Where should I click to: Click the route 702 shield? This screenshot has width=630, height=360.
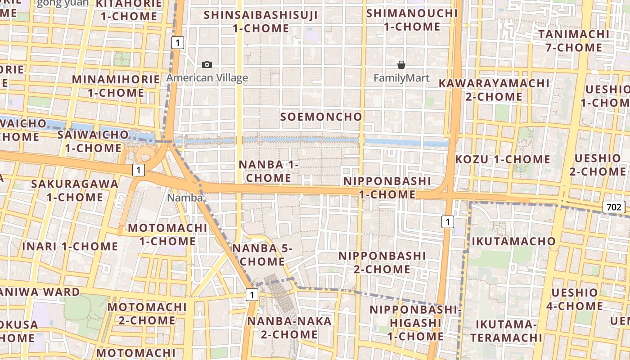(x=614, y=207)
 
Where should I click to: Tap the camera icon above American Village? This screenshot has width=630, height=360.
(x=207, y=64)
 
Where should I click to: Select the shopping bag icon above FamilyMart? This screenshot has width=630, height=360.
(x=401, y=65)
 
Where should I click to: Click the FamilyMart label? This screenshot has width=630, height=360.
(x=401, y=78)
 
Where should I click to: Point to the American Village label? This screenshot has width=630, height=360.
(x=207, y=78)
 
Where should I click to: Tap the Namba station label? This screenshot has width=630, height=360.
(x=185, y=198)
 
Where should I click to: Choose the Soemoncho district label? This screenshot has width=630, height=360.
(x=321, y=117)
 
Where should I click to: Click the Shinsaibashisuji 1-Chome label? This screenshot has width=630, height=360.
(x=261, y=22)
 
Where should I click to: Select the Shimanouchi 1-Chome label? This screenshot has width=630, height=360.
(x=412, y=20)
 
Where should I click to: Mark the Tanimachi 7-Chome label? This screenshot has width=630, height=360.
(x=574, y=40)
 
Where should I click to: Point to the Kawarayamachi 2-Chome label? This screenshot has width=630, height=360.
(x=494, y=90)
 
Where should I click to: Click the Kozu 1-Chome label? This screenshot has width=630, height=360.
(x=503, y=159)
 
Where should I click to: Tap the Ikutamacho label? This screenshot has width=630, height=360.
(x=513, y=241)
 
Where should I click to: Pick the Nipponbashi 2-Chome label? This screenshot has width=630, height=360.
(x=382, y=262)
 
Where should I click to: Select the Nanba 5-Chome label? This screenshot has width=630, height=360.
(x=262, y=255)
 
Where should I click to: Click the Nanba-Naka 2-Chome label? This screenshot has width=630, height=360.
(x=289, y=328)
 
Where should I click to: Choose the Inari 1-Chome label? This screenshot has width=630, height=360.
(x=70, y=247)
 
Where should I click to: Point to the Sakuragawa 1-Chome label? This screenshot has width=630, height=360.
(x=75, y=190)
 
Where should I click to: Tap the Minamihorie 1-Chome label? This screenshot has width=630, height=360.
(x=116, y=86)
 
